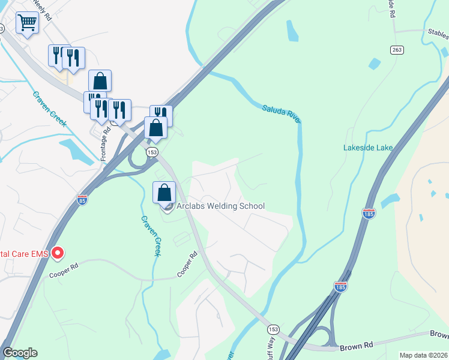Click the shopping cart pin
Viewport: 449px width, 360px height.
tap(27, 24)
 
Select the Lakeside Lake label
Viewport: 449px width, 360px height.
tap(367, 148)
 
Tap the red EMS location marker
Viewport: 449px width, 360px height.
tap(58, 253)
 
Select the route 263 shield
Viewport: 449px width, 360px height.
tap(396, 50)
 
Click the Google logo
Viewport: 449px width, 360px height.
tap(20, 353)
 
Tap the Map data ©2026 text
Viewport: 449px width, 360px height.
tap(423, 355)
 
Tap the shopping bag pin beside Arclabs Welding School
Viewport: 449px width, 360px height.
tap(164, 193)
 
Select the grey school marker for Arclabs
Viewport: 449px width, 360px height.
tap(168, 208)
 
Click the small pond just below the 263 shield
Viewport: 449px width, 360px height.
tap(375, 63)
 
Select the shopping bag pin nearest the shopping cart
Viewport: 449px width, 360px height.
tap(100, 81)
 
